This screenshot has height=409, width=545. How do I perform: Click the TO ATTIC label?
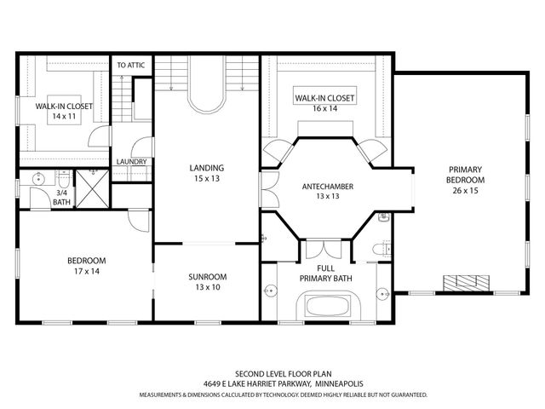click(x=130, y=65)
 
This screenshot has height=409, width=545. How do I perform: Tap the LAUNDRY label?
click(x=131, y=162)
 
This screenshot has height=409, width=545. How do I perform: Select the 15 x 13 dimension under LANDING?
click(x=207, y=178)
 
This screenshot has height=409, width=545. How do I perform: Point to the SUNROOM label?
click(x=208, y=277)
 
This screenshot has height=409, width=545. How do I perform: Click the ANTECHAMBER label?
click(x=327, y=187)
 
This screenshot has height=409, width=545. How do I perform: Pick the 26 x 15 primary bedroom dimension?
click(x=465, y=191)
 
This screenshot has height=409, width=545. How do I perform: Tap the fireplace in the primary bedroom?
click(x=466, y=283)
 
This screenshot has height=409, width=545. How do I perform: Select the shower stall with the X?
click(x=93, y=189)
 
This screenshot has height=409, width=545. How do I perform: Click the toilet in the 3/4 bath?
click(x=64, y=180)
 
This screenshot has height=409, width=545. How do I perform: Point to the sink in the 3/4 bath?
click(x=38, y=180)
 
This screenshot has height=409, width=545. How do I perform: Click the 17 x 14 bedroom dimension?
click(x=87, y=271)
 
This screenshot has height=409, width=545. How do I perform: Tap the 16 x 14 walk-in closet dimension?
click(x=324, y=108)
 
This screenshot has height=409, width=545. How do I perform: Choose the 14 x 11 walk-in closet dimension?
click(x=64, y=116)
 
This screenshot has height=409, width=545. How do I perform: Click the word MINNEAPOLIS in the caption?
click(x=339, y=384)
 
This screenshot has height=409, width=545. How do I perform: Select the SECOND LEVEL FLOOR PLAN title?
click(x=284, y=374)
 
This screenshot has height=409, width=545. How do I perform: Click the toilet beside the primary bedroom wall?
click(x=381, y=249)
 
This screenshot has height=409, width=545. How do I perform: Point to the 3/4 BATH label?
click(x=61, y=197)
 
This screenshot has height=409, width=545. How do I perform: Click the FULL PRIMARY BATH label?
click(x=325, y=274)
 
